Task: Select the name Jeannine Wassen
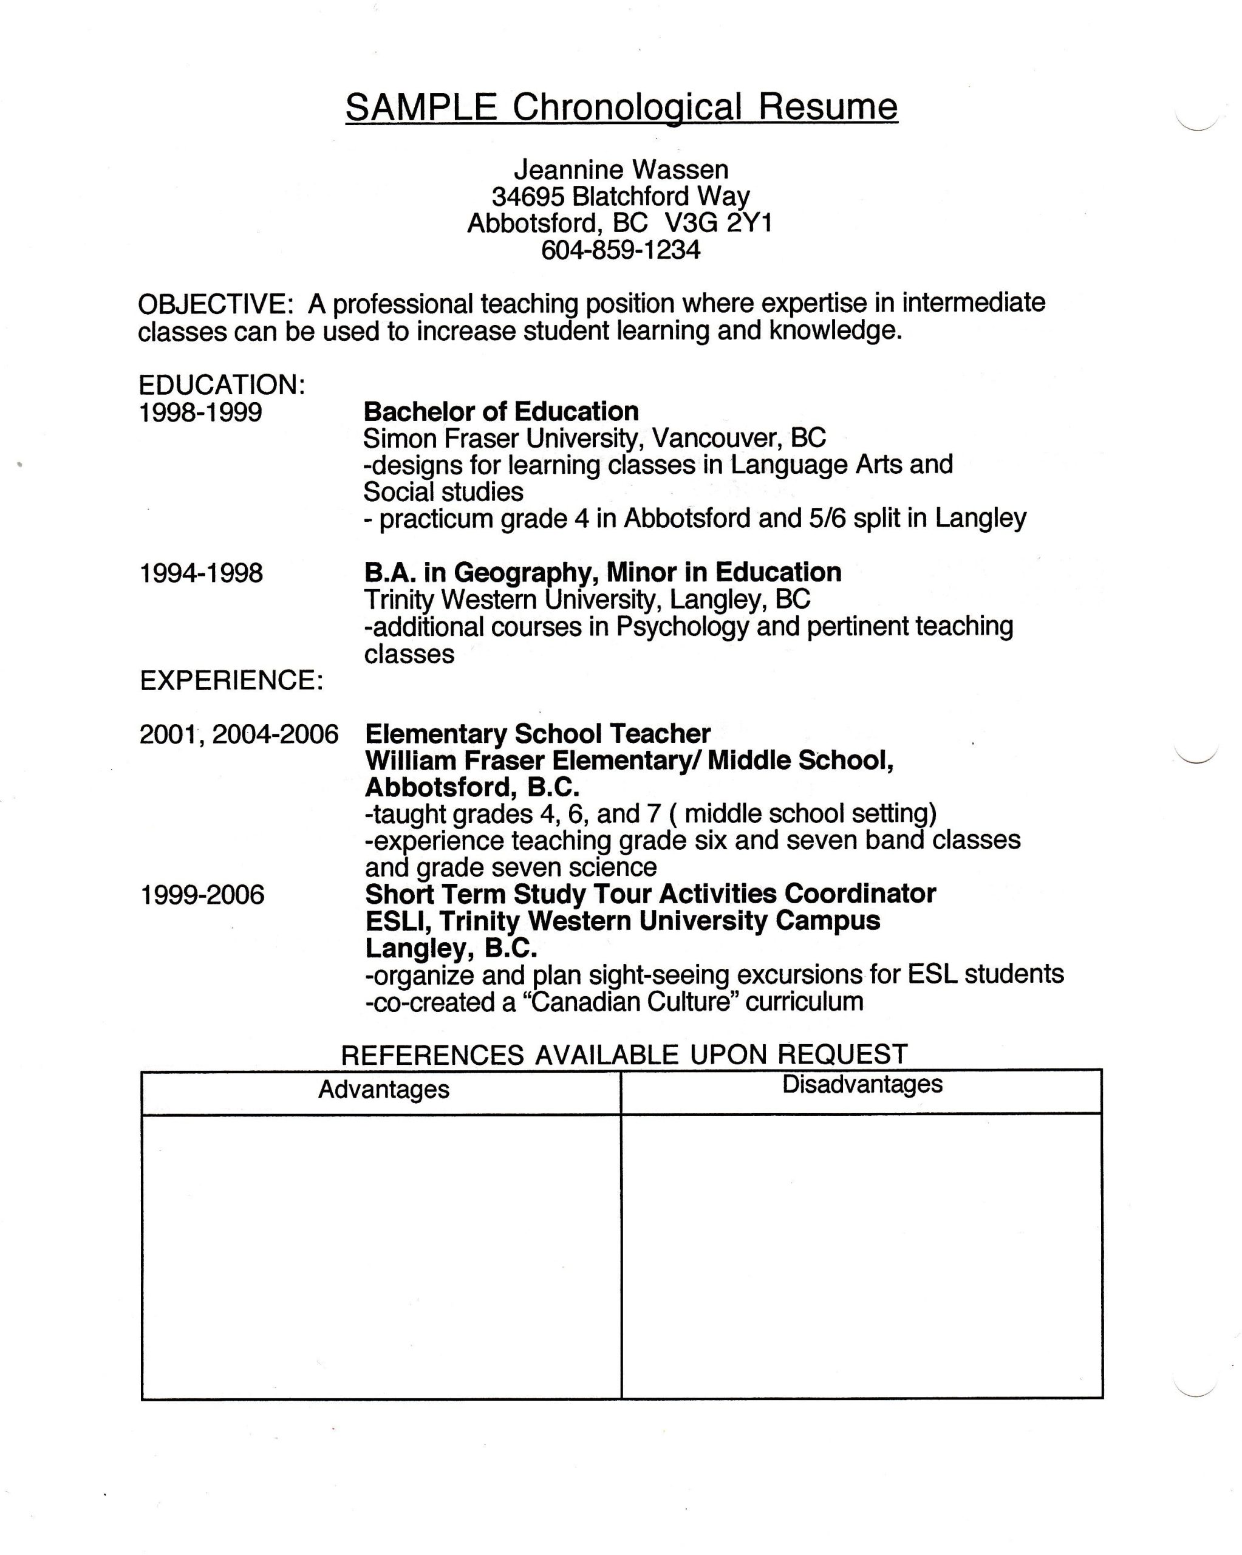(620, 169)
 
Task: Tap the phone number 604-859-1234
(620, 250)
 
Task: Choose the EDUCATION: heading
(222, 384)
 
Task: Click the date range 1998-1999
(200, 412)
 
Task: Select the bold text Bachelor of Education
(500, 411)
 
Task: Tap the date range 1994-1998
(201, 573)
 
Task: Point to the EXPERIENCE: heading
(231, 680)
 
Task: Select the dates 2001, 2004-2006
(238, 734)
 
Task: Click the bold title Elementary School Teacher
(537, 734)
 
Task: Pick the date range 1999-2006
(202, 895)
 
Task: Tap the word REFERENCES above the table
(431, 1054)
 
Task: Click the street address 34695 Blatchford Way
(620, 196)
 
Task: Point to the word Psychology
(681, 626)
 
